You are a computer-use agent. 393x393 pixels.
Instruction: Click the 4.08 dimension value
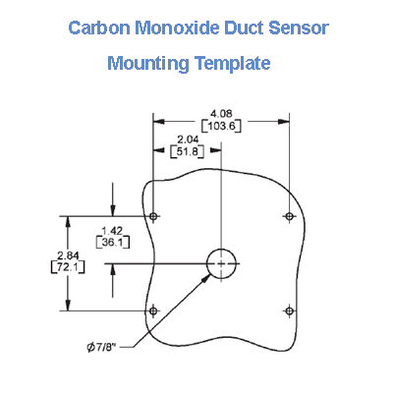tap(221, 112)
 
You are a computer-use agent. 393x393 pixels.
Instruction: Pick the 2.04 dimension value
tap(187, 140)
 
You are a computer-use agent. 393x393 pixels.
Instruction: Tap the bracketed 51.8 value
tap(187, 152)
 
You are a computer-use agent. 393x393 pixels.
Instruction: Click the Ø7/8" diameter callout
tap(105, 347)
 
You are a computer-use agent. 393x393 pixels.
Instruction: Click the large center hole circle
tap(221, 263)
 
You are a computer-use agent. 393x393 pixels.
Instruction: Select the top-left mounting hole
tap(153, 215)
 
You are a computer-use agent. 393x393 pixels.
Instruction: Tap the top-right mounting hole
tap(289, 215)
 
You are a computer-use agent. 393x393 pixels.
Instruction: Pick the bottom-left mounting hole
tap(153, 310)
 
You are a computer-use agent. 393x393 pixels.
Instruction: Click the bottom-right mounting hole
tap(289, 310)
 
